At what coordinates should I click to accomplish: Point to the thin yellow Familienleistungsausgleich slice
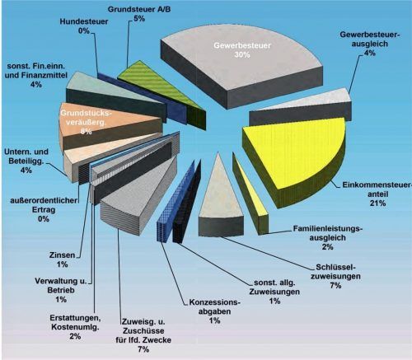(x=250, y=192)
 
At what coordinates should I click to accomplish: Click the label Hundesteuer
(x=84, y=21)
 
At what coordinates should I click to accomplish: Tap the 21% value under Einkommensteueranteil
(x=378, y=203)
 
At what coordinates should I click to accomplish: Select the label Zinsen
(x=62, y=255)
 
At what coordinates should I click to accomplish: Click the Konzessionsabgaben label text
(x=214, y=307)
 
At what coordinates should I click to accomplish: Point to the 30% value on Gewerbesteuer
(x=242, y=54)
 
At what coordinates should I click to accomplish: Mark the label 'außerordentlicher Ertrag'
(x=44, y=205)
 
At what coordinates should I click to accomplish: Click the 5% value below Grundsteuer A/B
(x=139, y=19)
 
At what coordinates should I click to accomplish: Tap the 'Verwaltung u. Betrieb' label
(x=61, y=286)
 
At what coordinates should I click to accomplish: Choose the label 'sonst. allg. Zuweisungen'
(x=274, y=287)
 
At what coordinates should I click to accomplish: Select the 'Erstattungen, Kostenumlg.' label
(x=75, y=322)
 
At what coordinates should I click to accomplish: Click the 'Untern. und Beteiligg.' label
(x=26, y=157)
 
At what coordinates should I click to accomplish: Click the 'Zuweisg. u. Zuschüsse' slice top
(x=138, y=192)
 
